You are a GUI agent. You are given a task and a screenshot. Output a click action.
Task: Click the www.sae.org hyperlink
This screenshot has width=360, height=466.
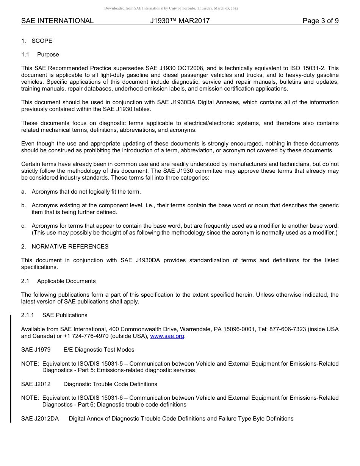click(x=167, y=336)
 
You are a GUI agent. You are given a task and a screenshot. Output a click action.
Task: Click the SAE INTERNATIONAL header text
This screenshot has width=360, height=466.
click(x=57, y=21)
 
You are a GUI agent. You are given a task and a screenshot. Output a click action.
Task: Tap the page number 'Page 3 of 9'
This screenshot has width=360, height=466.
click(x=320, y=21)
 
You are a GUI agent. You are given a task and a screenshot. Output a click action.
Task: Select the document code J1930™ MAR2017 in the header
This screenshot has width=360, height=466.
click(x=180, y=21)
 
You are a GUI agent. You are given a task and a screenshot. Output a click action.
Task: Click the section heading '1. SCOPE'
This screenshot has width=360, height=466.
click(x=37, y=41)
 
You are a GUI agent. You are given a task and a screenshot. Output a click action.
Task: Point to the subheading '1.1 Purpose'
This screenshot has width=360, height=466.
click(x=40, y=55)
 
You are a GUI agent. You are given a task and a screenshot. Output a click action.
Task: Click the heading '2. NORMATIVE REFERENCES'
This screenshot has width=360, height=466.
click(x=65, y=247)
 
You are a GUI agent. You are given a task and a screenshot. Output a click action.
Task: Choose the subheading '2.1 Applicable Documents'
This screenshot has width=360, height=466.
click(x=58, y=281)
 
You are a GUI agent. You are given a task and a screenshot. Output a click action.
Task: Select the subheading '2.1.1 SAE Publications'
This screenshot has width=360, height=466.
click(x=54, y=315)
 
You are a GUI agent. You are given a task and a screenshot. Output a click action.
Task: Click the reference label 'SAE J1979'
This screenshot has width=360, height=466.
click(x=36, y=350)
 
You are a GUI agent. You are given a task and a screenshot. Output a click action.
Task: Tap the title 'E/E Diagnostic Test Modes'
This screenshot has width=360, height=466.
click(x=99, y=350)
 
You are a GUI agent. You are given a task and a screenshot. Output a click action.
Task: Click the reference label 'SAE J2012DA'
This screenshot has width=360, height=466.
click(x=40, y=419)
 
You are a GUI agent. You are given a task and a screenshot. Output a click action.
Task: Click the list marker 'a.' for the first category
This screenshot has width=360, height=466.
click(x=23, y=192)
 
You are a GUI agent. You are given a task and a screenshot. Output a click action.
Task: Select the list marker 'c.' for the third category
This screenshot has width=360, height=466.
click(x=23, y=226)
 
